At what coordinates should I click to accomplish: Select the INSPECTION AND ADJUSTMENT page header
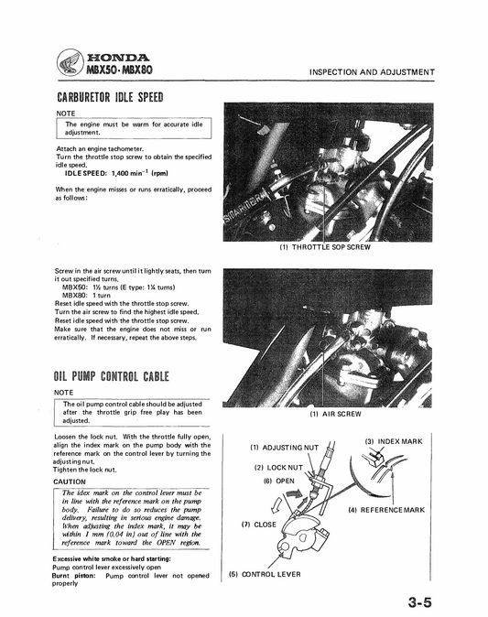[371, 72]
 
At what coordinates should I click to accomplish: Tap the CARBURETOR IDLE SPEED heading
[110, 98]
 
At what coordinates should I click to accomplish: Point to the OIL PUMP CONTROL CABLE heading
[113, 377]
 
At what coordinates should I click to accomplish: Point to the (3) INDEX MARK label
[394, 441]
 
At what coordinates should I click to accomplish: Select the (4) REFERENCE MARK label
[386, 509]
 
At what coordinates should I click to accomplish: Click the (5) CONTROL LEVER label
[266, 574]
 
